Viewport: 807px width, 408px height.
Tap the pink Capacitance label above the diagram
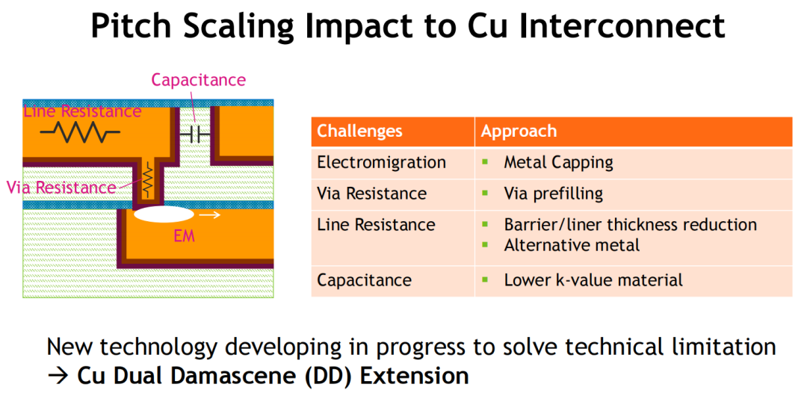199,80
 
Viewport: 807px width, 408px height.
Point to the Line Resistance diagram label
82,111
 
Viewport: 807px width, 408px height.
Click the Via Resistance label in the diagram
61,188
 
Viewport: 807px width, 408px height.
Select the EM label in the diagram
185,236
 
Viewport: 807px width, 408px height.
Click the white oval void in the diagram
164,214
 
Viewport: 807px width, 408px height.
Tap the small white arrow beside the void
210,214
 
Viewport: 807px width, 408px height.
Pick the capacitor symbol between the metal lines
195,135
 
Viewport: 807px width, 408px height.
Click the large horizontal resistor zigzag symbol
80,132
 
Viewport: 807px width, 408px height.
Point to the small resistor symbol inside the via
148,179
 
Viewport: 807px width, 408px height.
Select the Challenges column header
359,132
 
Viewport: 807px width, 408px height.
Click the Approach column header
519,132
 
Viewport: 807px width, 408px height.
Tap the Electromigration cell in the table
381,163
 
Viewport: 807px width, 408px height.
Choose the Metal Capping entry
558,163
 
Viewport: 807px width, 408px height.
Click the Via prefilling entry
553,194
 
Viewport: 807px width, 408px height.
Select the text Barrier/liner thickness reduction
631,225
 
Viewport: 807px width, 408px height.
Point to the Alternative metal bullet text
572,245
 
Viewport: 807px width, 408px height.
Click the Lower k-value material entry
593,280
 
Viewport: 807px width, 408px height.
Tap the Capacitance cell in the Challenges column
365,280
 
